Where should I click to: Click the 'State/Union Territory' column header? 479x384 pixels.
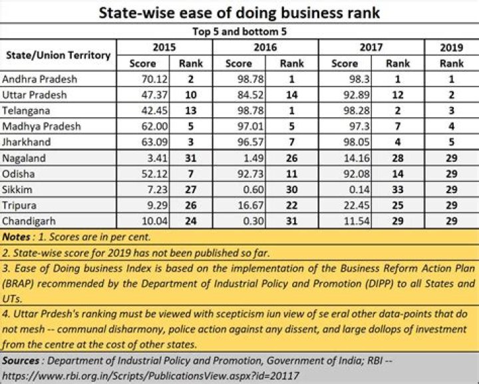(58, 55)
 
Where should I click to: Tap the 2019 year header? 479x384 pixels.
(451, 47)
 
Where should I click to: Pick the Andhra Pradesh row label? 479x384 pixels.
(40, 79)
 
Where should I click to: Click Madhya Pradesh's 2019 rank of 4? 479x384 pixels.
(451, 126)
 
